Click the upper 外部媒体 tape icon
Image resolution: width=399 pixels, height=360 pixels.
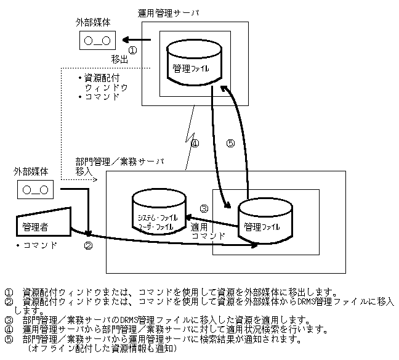tap(97, 41)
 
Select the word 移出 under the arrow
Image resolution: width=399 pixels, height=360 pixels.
tap(120, 60)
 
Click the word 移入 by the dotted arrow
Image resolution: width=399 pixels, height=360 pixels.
tap(84, 171)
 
